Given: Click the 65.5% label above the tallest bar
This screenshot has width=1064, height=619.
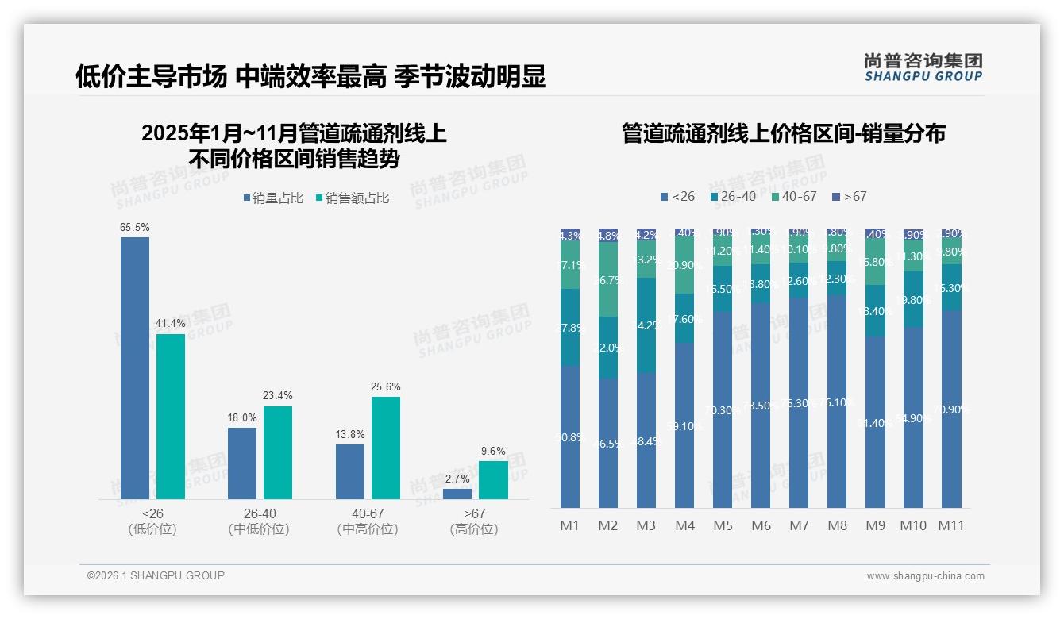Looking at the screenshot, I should (x=135, y=228).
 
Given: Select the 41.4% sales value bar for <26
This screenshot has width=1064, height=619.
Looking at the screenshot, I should (x=171, y=417).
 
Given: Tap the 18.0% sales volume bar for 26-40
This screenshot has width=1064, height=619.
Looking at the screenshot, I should (x=242, y=463).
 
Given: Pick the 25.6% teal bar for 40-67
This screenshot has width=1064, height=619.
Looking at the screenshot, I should (x=386, y=448).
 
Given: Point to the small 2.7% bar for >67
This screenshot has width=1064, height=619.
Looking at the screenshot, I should (x=457, y=494).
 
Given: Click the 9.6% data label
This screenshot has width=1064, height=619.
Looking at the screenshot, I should (x=493, y=452).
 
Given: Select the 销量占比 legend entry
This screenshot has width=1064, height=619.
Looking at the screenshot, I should (x=274, y=198).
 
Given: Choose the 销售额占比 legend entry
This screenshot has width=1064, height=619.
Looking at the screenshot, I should (x=352, y=198).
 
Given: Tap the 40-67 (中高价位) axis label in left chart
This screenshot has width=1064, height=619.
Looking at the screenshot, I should (x=367, y=521).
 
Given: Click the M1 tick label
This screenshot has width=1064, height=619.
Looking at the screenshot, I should (x=570, y=525).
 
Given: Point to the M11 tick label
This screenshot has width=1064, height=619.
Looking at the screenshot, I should (x=951, y=525).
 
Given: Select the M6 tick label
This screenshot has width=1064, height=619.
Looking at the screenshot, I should (x=761, y=525).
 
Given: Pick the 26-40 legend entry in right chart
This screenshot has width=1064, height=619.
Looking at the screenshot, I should (x=733, y=196).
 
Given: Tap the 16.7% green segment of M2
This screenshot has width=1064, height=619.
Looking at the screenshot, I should (x=608, y=279).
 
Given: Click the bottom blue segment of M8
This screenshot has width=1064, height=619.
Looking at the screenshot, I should (x=837, y=402).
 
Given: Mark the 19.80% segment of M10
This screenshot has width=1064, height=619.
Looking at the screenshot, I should (x=913, y=299).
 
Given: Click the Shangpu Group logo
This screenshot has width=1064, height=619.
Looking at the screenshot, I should (x=923, y=67).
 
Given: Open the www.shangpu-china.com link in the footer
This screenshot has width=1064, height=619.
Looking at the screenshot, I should (x=925, y=576).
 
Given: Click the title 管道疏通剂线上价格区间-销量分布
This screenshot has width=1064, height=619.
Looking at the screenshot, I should (x=784, y=134).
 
